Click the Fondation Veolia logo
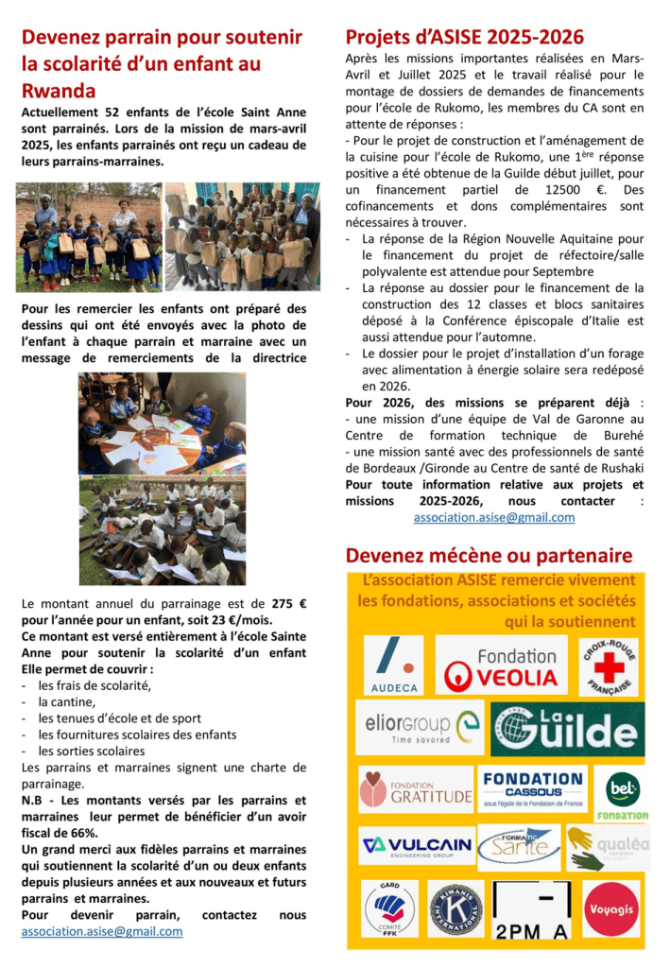pos(502,665)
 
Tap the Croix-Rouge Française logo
pos(608,665)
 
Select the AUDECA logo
pos(393,665)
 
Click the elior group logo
pos(420,727)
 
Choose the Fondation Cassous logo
pos(532,788)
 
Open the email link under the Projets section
pos(493,517)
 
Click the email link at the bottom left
pos(102,931)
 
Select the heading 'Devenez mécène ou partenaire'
pos(488,554)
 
